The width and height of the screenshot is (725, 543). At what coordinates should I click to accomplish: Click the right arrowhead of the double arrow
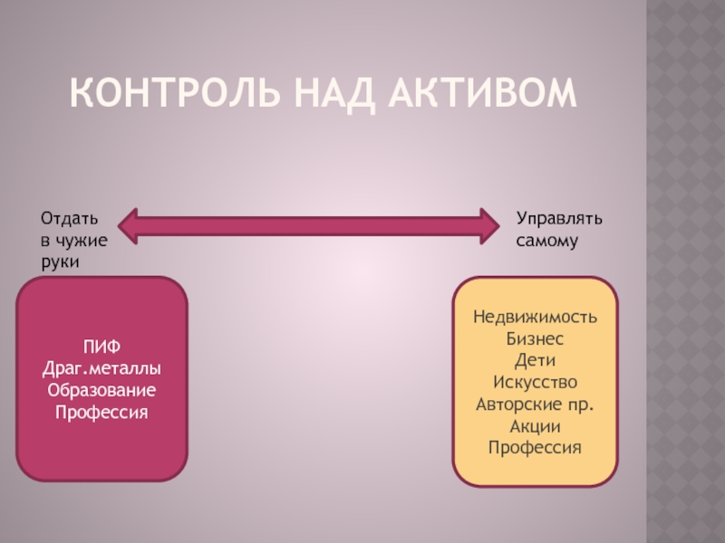pyautogui.click(x=494, y=225)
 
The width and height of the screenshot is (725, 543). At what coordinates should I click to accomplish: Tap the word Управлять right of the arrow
pyautogui.click(x=559, y=219)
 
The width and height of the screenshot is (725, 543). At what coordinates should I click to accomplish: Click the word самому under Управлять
pyautogui.click(x=547, y=241)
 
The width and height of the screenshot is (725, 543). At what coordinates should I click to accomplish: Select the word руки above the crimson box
pyautogui.click(x=59, y=262)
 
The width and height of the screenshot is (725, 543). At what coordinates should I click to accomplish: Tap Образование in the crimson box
pyautogui.click(x=101, y=390)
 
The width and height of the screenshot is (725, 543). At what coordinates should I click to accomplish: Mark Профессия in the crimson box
pyautogui.click(x=101, y=412)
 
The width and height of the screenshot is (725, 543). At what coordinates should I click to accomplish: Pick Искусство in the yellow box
pyautogui.click(x=535, y=382)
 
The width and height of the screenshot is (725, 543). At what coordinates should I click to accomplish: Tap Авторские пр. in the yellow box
pyautogui.click(x=535, y=404)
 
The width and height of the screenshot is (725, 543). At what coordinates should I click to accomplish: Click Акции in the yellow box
pyautogui.click(x=535, y=425)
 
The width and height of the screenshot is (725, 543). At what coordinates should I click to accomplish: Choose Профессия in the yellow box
pyautogui.click(x=535, y=447)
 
